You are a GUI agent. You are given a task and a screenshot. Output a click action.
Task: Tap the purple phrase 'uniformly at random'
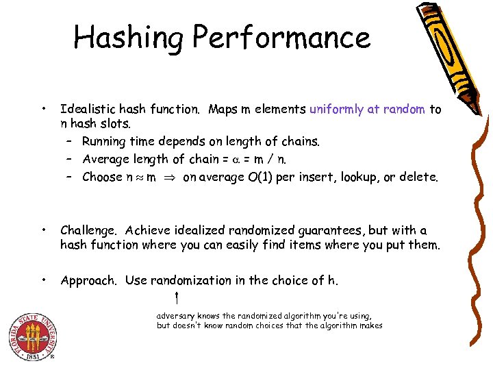(368, 109)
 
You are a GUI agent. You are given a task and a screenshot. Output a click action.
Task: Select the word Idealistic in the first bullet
(88, 109)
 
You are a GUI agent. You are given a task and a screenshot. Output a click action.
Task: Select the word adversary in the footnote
(175, 316)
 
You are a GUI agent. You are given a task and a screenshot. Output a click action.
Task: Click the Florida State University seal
(31, 338)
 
